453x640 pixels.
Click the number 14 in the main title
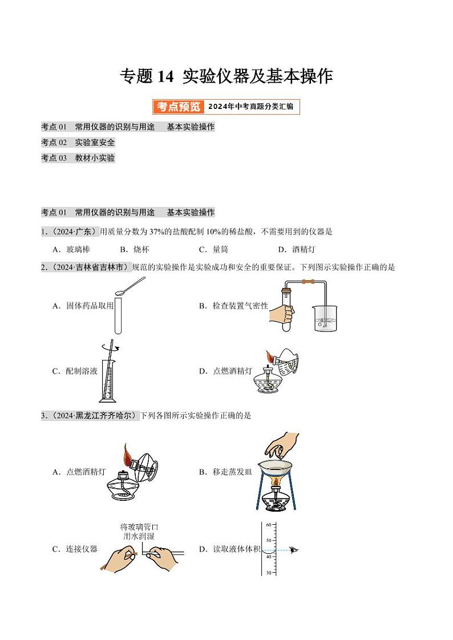tap(166, 76)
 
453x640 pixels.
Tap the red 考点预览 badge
tap(178, 107)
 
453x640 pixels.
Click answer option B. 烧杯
tap(135, 249)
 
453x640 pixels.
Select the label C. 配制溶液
tap(75, 371)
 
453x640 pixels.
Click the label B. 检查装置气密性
tap(233, 306)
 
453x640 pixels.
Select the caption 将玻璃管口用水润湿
tap(138, 532)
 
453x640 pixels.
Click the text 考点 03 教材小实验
tap(78, 158)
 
